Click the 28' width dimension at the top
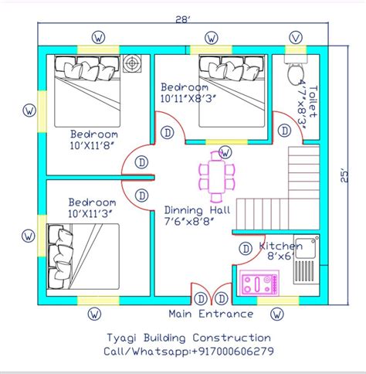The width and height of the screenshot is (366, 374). (183, 19)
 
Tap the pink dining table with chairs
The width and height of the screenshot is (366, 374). (214, 175)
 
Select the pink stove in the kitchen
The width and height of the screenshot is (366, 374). (259, 284)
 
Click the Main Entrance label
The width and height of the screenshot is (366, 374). (210, 314)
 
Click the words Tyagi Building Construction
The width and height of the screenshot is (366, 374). (188, 338)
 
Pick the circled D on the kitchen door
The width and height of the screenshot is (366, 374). (246, 249)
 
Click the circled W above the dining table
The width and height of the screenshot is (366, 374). (225, 151)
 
